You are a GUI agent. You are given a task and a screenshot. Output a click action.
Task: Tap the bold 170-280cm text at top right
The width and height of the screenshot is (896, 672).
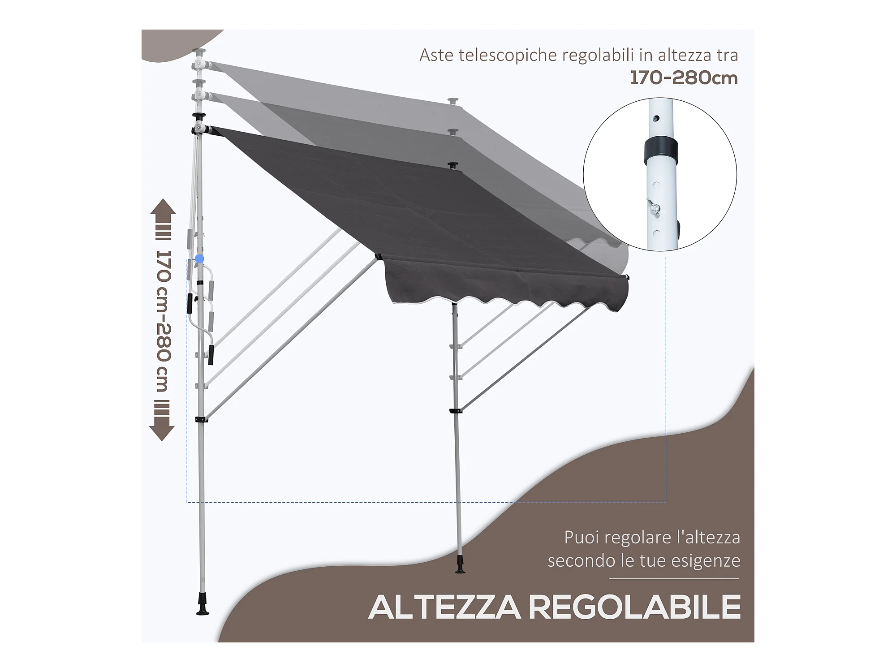coord(684,78)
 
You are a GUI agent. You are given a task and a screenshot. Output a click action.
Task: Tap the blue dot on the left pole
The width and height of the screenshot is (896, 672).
coord(200,259)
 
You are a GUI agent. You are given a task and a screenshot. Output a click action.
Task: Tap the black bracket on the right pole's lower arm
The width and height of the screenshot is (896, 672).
coord(456,410)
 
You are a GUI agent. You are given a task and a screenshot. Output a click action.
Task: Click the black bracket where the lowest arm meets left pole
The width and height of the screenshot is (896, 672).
coord(201,419)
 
